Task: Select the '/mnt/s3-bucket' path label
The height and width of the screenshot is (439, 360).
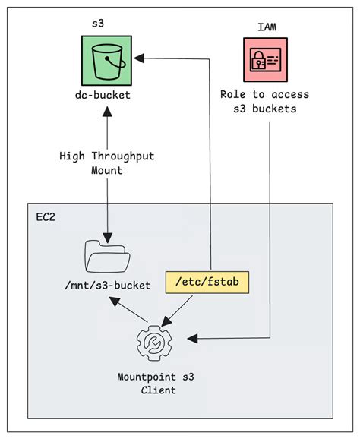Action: point(106,285)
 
